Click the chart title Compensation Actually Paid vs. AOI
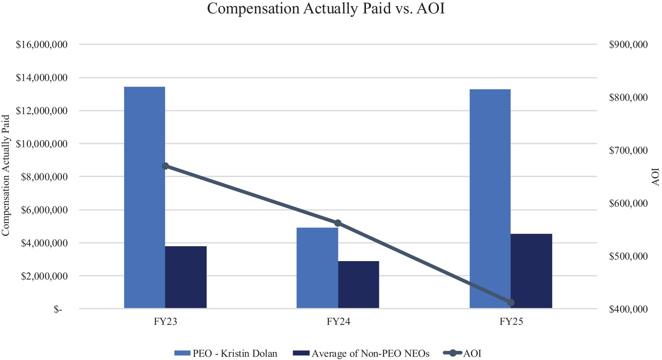(x=326, y=8)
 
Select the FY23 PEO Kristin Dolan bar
(x=145, y=197)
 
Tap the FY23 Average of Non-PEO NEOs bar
(x=186, y=277)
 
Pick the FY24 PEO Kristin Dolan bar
(x=317, y=268)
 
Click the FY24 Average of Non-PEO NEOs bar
(x=359, y=285)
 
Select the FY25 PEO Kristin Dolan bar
(x=490, y=199)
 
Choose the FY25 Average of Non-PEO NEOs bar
(x=531, y=271)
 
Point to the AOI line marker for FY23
(x=165, y=166)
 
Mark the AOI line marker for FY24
(x=338, y=223)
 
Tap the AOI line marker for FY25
(x=511, y=303)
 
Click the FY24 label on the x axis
(x=338, y=322)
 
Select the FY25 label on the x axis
(x=511, y=322)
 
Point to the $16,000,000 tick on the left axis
(x=42, y=45)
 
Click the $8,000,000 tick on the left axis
(x=44, y=177)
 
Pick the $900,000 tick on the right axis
(x=628, y=45)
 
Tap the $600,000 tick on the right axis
(x=628, y=203)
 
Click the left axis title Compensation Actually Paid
(x=5, y=176)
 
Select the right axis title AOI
(x=656, y=177)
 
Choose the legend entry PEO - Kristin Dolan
(x=226, y=354)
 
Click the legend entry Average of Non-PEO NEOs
(x=361, y=354)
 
